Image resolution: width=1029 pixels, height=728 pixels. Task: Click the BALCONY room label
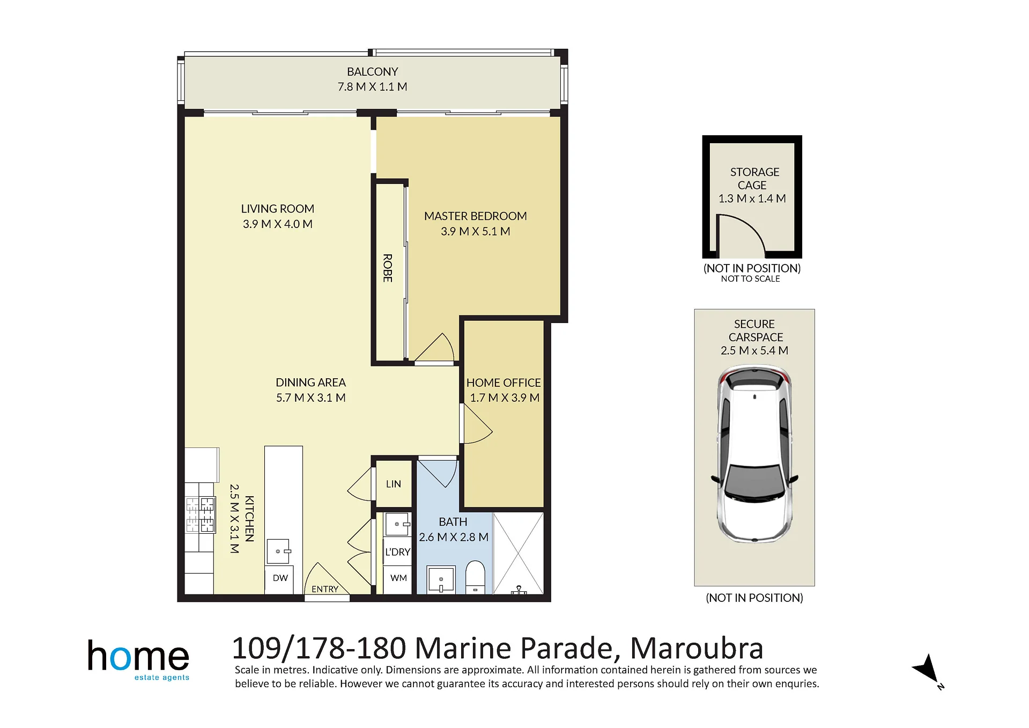pos(372,72)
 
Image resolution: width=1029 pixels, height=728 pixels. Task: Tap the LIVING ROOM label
pos(277,209)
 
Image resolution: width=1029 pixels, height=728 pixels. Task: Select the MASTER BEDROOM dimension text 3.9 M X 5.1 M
pos(475,231)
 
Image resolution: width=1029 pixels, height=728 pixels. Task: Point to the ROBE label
pos(388,268)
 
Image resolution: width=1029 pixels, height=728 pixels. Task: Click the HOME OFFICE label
pos(503,383)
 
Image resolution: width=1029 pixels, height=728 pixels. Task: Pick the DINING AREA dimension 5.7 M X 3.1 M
pos(310,398)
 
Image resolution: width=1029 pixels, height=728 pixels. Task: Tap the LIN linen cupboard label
pos(393,484)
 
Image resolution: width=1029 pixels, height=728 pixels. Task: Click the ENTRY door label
pos(325,589)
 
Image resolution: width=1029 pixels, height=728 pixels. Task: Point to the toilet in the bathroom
pos(475,577)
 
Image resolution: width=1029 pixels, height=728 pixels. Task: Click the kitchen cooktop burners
pos(200,514)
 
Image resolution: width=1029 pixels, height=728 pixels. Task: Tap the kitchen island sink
pos(278,551)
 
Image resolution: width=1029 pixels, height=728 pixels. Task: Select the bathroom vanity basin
pos(441,580)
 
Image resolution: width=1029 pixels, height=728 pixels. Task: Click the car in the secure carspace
pos(754,454)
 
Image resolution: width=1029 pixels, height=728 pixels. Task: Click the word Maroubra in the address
pos(697,648)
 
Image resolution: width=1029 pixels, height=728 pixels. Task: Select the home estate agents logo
pos(138,660)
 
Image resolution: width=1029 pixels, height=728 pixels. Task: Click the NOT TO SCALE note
pos(750,279)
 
